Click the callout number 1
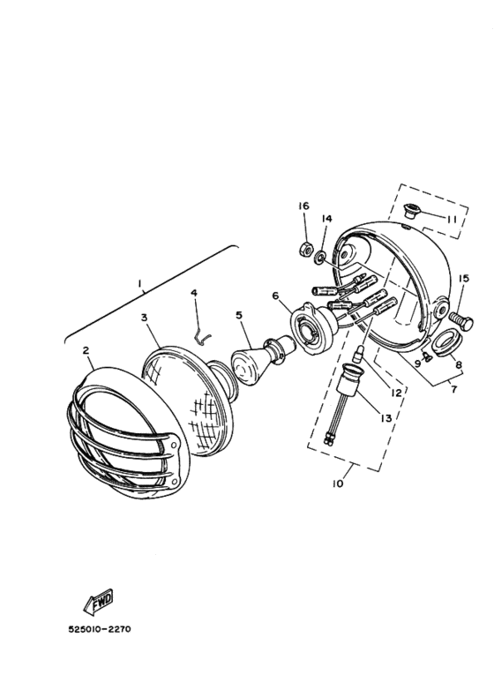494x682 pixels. (139, 284)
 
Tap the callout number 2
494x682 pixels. (86, 350)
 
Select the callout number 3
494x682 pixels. (144, 316)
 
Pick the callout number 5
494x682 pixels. (237, 314)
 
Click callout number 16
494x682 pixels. (303, 206)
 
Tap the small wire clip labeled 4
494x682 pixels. (202, 334)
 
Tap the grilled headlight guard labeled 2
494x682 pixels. (123, 432)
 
